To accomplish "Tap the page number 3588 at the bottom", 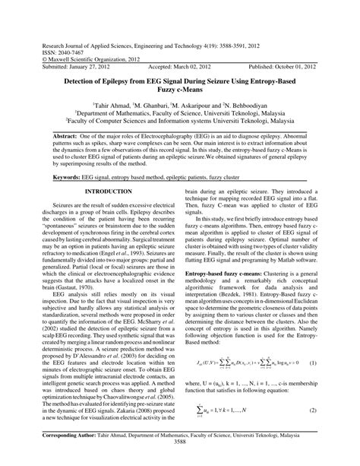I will (180, 461).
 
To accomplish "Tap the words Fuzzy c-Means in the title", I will (180, 89).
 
